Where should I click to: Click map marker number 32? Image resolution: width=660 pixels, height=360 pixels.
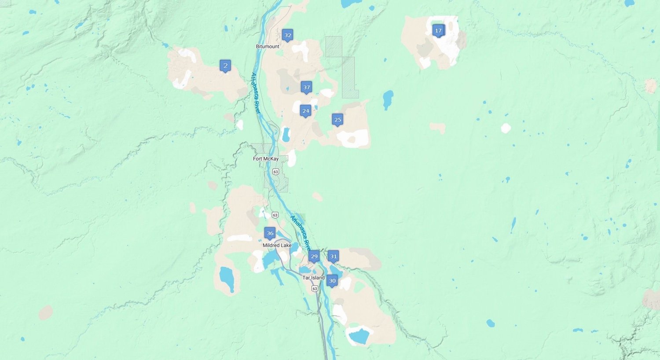(x=287, y=35)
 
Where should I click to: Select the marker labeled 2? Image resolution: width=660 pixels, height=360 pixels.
(x=225, y=66)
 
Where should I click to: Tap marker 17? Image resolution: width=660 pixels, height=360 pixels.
(x=438, y=30)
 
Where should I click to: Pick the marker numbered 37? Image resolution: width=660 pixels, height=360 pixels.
(x=307, y=87)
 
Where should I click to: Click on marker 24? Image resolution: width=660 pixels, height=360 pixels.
(x=306, y=110)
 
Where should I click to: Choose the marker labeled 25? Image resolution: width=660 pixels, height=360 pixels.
(x=337, y=119)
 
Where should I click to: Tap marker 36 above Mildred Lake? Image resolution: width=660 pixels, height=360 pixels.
(x=270, y=233)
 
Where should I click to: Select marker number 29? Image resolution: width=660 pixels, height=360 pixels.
(x=314, y=256)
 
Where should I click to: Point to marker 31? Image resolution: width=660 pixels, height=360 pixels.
(x=334, y=256)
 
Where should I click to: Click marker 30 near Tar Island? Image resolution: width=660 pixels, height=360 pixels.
(x=332, y=280)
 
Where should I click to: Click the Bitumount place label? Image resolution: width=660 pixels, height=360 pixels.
(x=268, y=46)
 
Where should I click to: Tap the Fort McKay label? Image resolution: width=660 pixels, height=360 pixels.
(x=266, y=158)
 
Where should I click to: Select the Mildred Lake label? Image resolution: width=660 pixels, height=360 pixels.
(x=277, y=245)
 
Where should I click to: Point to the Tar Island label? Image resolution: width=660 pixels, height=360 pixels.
(x=313, y=278)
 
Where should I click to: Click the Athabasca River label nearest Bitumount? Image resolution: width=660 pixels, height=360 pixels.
(x=256, y=93)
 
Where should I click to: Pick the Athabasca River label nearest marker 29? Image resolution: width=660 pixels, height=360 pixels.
(x=301, y=233)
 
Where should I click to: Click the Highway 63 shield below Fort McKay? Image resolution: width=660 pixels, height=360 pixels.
(x=275, y=171)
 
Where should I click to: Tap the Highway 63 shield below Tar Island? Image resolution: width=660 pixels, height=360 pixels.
(x=314, y=288)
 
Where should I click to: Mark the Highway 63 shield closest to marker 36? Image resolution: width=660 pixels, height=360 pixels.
(x=275, y=215)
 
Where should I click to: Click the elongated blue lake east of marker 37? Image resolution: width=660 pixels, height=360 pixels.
(x=388, y=100)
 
